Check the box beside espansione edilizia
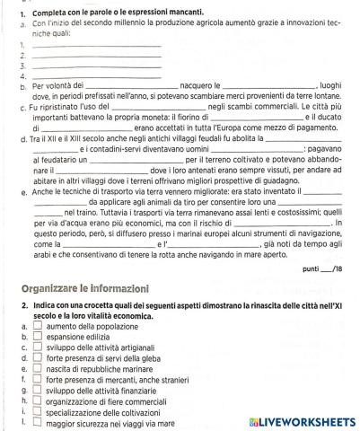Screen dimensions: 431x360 coord(37,339)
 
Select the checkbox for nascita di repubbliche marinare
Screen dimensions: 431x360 coord(37,368)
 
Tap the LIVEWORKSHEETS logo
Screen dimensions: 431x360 coord(305,420)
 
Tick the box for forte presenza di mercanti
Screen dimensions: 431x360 coord(37,378)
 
